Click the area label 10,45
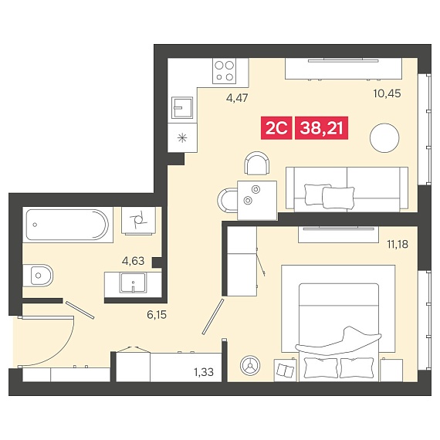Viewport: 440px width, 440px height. click(x=387, y=93)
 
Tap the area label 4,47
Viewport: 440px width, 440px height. click(x=237, y=98)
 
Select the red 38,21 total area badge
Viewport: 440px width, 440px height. click(x=322, y=128)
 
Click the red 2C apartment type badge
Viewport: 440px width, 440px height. click(x=276, y=128)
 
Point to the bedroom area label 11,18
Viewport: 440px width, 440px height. click(x=398, y=245)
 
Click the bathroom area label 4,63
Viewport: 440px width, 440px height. click(x=133, y=261)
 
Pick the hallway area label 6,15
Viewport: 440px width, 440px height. click(x=157, y=315)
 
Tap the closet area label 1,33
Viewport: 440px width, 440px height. click(x=204, y=372)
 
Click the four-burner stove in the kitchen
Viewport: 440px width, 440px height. click(x=224, y=71)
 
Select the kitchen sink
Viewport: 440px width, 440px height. click(x=182, y=108)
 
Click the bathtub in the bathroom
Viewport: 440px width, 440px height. click(x=67, y=225)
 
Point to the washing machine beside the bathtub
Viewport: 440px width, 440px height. click(x=138, y=221)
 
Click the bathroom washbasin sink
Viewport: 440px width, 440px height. click(x=133, y=283)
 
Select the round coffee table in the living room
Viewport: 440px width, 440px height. click(x=384, y=138)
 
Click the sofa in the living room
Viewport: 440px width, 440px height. click(x=347, y=189)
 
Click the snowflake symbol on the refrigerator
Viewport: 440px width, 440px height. click(x=182, y=137)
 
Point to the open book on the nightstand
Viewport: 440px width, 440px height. click(x=286, y=371)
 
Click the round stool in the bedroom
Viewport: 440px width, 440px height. click(x=250, y=366)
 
